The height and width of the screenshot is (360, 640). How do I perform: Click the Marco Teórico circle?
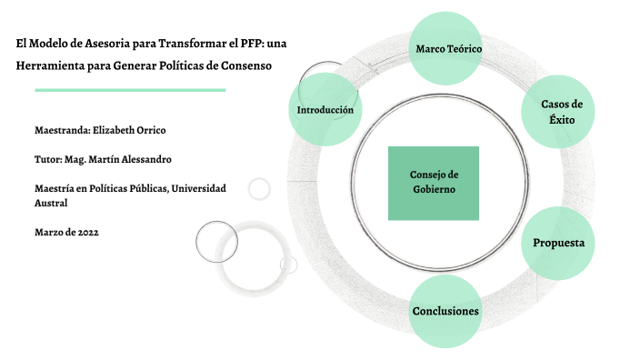(448, 47)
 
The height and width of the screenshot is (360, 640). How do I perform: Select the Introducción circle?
(325, 110)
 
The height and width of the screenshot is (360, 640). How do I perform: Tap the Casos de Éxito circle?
(561, 111)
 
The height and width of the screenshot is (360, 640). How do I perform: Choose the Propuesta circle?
(558, 244)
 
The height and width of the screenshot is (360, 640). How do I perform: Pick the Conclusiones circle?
(445, 311)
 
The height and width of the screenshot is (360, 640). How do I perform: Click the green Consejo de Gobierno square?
(434, 183)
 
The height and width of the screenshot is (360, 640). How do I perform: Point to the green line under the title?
(130, 90)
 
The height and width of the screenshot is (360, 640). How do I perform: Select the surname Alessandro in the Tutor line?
(142, 159)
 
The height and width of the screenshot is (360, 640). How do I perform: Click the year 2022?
(88, 233)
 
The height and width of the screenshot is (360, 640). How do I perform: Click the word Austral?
(51, 203)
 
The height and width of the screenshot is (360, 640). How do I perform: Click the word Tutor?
(47, 159)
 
